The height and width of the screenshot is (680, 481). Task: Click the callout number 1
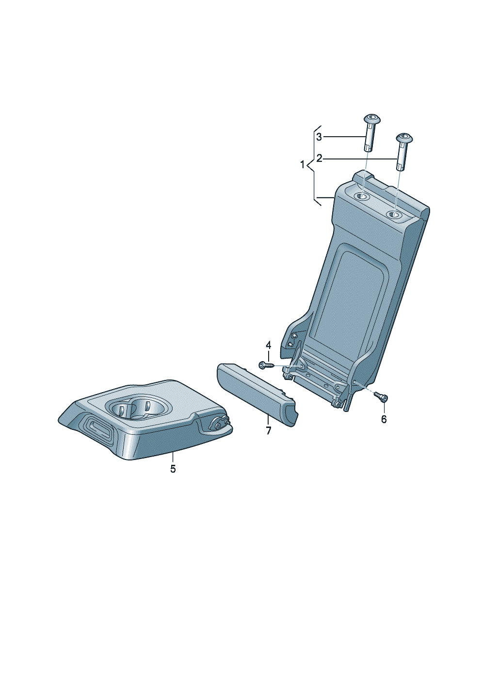tap(302, 165)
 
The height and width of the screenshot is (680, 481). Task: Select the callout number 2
tap(319, 158)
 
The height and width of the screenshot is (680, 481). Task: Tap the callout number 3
tap(319, 137)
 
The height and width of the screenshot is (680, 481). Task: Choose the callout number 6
tap(384, 420)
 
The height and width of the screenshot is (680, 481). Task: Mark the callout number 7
tap(268, 430)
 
